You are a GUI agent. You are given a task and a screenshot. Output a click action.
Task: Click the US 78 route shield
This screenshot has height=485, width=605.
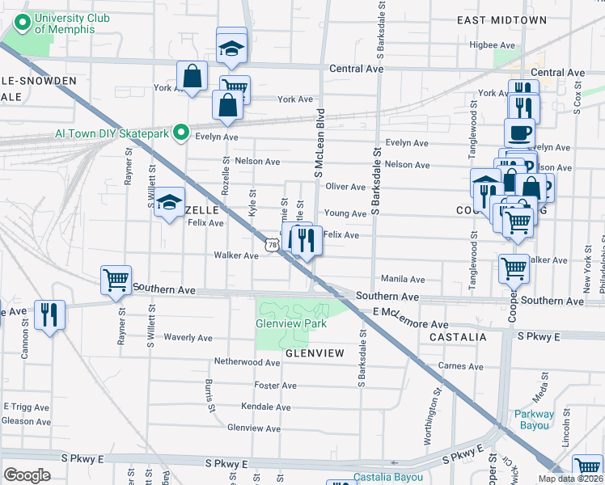click(x=273, y=242)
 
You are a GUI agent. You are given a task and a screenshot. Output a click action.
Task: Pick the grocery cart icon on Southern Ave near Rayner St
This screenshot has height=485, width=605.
click(x=116, y=280)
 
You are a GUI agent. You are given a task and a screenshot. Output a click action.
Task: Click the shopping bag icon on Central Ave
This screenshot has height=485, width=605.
click(x=192, y=78)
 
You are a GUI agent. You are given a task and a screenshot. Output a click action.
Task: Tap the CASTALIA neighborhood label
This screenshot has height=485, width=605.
click(x=458, y=336)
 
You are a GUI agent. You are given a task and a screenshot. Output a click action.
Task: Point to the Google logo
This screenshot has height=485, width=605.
click(x=26, y=475)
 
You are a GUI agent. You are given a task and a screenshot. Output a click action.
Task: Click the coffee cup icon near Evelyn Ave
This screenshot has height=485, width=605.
click(x=519, y=133)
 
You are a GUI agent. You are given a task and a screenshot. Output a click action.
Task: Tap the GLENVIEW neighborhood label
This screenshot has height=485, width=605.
click(x=315, y=353)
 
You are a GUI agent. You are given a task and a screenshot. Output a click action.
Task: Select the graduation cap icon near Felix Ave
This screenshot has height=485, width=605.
click(x=170, y=204)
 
